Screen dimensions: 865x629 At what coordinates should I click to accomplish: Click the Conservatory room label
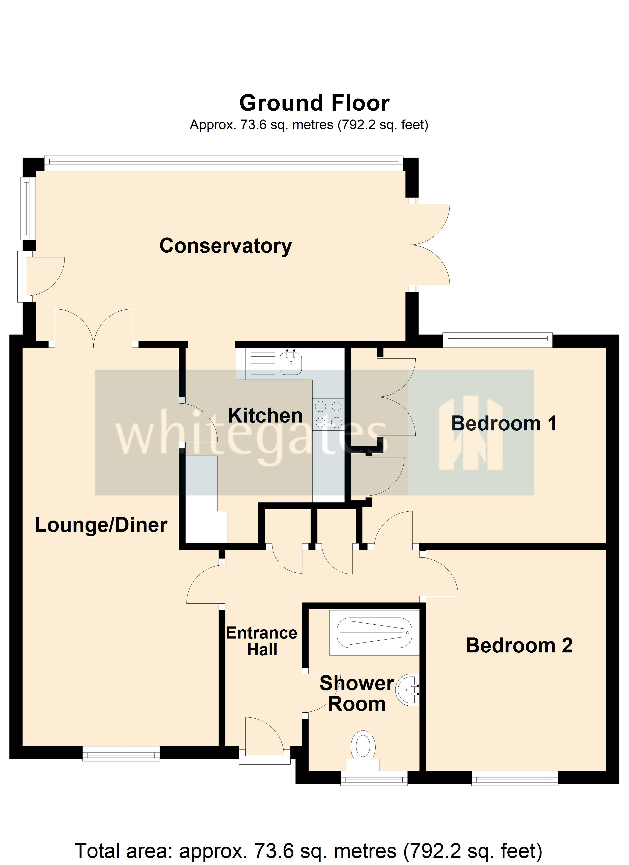tap(225, 246)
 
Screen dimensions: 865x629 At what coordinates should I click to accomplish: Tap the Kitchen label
tap(265, 415)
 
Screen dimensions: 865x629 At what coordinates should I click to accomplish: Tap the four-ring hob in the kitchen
tap(328, 414)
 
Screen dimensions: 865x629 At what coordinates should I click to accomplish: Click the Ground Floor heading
tap(314, 103)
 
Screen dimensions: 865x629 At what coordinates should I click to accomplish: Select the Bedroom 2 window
tap(514, 778)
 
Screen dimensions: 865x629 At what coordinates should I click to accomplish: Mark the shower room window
tap(374, 778)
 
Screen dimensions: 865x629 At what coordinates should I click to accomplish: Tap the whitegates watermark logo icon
tap(470, 433)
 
